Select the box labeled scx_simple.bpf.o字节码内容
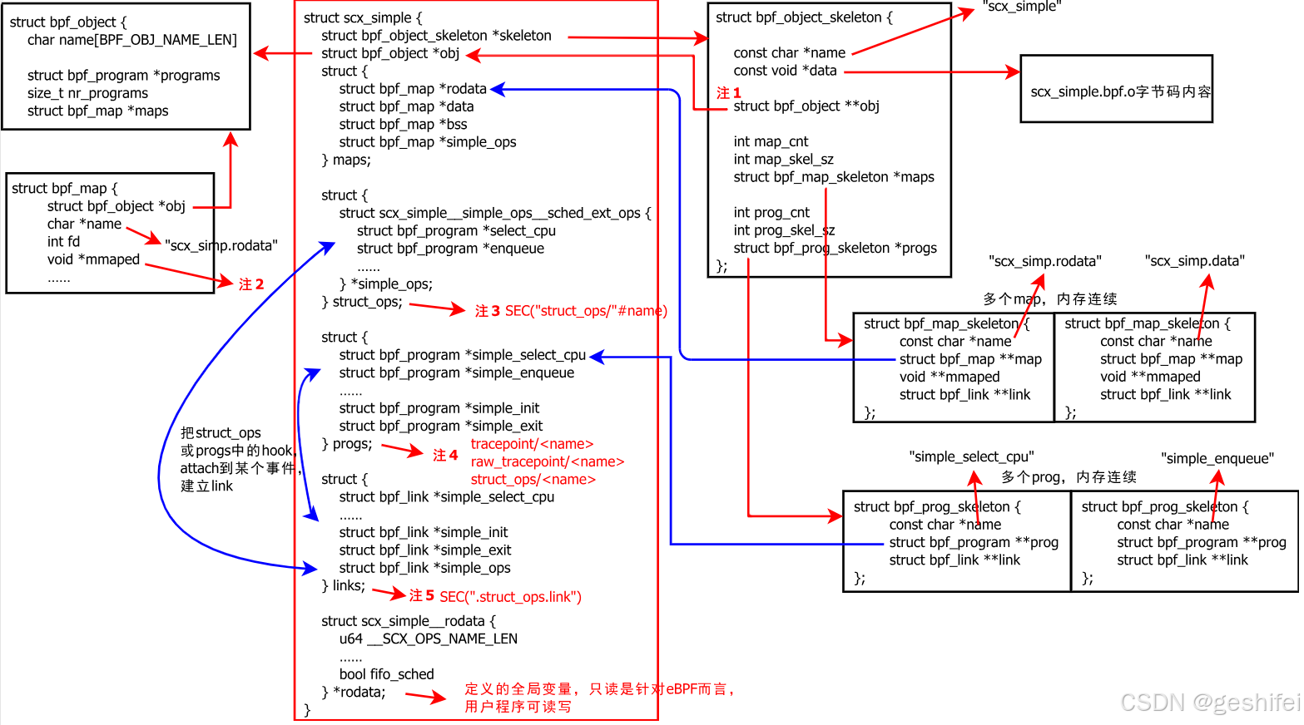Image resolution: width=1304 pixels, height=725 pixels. [1116, 90]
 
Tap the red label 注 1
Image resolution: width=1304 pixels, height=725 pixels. [728, 92]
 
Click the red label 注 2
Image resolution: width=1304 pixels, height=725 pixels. [250, 284]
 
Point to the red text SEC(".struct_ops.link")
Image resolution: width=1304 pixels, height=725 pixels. [510, 596]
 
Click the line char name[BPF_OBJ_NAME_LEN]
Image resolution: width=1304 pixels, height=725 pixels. [131, 40]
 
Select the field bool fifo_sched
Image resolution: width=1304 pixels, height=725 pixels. [386, 674]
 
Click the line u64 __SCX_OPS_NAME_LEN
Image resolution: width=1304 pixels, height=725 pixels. [428, 639]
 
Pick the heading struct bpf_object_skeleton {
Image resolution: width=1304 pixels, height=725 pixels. [803, 17]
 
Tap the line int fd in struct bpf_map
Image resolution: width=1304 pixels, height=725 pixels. [63, 242]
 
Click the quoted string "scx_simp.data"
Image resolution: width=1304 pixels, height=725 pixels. [1194, 261]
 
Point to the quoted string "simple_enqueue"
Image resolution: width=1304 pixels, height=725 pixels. [1217, 458]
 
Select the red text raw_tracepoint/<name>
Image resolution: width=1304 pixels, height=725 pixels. [547, 461]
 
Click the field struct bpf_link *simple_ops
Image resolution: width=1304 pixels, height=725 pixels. [424, 568]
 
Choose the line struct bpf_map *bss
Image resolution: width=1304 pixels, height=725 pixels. [403, 124]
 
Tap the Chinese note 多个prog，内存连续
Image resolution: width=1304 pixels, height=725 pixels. [1068, 477]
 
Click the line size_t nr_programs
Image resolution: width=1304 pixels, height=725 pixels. [87, 93]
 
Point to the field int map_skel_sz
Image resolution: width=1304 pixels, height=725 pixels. [783, 159]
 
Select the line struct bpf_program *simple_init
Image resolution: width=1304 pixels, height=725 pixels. [439, 408]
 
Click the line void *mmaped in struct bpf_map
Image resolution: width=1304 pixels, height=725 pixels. [93, 259]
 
